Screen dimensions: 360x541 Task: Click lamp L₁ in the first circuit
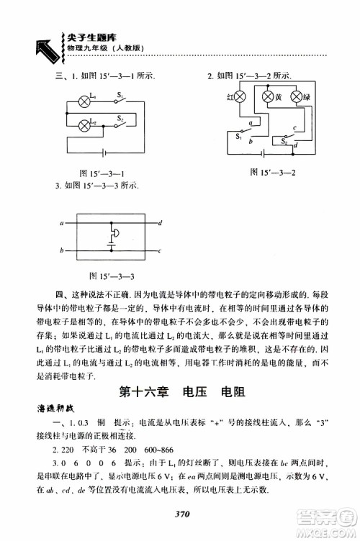(85, 102)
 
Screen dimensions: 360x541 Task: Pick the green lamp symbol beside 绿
(294, 96)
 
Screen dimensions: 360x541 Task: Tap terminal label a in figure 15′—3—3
(63, 224)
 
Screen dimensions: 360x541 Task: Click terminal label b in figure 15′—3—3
(63, 251)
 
